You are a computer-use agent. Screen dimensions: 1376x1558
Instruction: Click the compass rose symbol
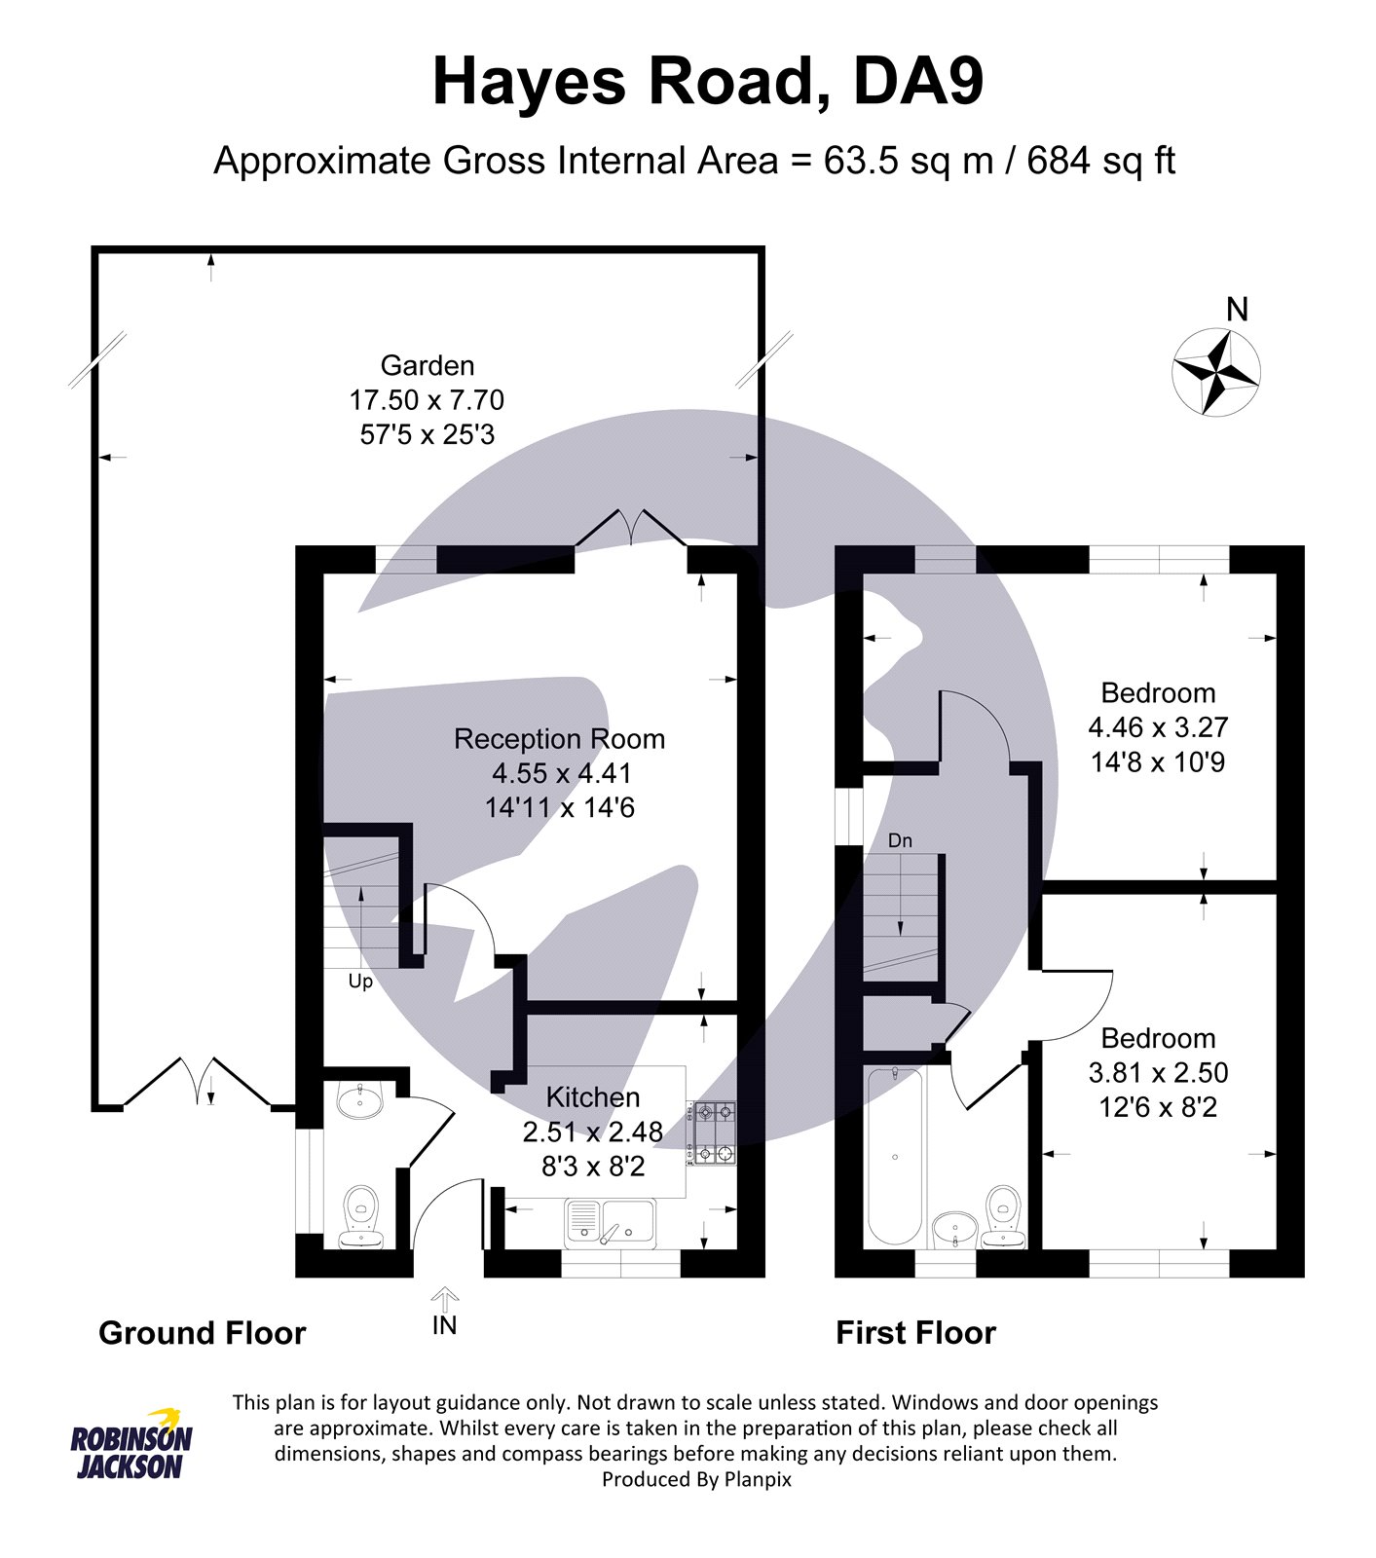pyautogui.click(x=1215, y=372)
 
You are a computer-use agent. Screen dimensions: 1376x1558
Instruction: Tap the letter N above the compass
pyautogui.click(x=1237, y=310)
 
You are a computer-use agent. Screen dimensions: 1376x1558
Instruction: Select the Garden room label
pyautogui.click(x=428, y=365)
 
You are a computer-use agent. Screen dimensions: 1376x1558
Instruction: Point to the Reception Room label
pyautogui.click(x=560, y=739)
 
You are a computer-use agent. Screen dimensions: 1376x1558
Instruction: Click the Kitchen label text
pyautogui.click(x=593, y=1097)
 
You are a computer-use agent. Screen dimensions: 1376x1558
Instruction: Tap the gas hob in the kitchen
pyautogui.click(x=714, y=1133)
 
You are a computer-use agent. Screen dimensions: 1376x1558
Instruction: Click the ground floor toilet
pyautogui.click(x=362, y=1217)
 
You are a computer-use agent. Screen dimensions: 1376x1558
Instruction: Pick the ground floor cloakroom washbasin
pyautogui.click(x=361, y=1100)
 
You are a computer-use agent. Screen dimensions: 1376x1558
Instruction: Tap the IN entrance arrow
pyautogui.click(x=445, y=1299)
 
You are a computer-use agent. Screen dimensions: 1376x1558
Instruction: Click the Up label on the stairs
pyautogui.click(x=360, y=982)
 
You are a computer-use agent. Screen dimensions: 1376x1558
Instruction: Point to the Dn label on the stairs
pyautogui.click(x=900, y=840)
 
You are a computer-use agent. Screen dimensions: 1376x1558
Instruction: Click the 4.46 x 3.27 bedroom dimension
pyautogui.click(x=1158, y=727)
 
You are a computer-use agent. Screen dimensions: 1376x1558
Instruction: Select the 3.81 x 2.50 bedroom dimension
pyautogui.click(x=1158, y=1073)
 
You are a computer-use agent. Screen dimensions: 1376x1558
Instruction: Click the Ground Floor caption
pyautogui.click(x=203, y=1333)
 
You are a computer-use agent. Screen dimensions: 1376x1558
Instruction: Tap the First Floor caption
pyautogui.click(x=916, y=1333)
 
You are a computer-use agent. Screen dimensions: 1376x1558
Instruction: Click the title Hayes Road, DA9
pyautogui.click(x=708, y=82)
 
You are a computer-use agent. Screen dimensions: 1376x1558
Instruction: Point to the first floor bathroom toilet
pyautogui.click(x=1002, y=1216)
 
